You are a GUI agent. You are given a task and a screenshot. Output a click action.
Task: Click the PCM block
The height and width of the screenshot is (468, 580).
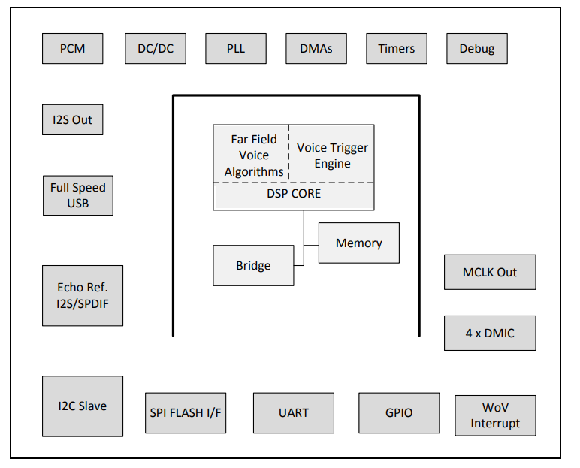(73, 49)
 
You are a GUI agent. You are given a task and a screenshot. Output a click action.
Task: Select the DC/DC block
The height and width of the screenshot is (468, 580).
(156, 49)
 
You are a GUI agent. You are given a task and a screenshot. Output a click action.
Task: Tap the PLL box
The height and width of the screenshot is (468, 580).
(236, 49)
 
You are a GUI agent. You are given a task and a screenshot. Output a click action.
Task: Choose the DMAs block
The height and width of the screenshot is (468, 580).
(316, 49)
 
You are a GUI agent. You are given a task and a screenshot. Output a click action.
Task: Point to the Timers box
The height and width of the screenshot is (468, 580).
(397, 49)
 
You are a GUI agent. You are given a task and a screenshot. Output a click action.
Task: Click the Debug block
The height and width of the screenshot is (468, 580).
(477, 49)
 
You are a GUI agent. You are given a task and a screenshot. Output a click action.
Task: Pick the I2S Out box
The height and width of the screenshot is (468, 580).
(73, 119)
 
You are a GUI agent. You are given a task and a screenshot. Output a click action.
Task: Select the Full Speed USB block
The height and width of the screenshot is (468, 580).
(78, 195)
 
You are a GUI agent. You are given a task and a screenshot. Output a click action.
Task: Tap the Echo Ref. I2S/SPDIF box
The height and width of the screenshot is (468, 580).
(83, 295)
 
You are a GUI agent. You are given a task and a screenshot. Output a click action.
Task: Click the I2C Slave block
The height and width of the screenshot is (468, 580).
(83, 406)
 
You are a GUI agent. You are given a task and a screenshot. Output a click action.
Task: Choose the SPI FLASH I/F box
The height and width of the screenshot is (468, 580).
(186, 412)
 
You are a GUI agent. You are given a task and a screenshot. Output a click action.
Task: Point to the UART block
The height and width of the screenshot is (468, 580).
(294, 412)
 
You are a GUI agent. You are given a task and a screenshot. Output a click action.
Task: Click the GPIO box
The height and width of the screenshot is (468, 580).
(399, 412)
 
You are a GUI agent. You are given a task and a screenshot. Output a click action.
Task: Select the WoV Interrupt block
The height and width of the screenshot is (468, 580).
(496, 415)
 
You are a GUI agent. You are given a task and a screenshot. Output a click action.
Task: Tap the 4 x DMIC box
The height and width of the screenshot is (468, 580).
(490, 333)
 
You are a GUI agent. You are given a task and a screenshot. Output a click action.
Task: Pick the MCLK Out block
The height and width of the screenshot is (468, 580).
(490, 272)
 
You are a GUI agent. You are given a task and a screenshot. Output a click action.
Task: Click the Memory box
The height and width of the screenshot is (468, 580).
(359, 243)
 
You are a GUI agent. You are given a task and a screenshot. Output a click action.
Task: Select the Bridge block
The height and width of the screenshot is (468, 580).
(253, 265)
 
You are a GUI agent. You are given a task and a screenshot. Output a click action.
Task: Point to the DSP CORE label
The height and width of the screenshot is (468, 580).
(294, 194)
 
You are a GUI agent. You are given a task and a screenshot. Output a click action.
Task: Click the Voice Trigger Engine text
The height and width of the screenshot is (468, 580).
(333, 155)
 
